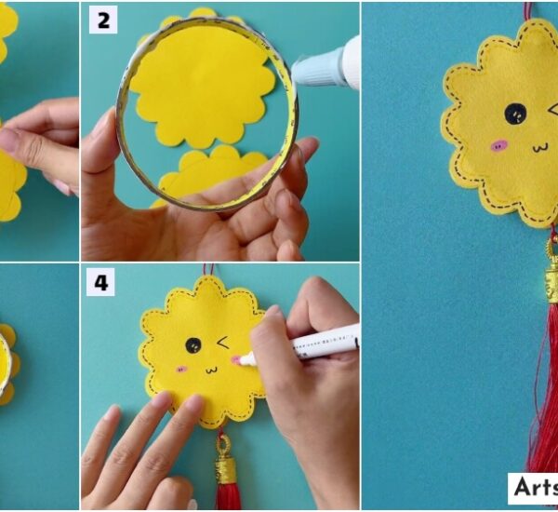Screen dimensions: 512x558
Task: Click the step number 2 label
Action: click(102, 20)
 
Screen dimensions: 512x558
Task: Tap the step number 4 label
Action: click(100, 283)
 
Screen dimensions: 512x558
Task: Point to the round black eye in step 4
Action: click(193, 345)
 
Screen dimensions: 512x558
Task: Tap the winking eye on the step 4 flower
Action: click(224, 344)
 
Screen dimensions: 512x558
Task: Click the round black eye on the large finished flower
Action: click(514, 114)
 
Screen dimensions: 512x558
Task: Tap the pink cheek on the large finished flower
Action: click(499, 145)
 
